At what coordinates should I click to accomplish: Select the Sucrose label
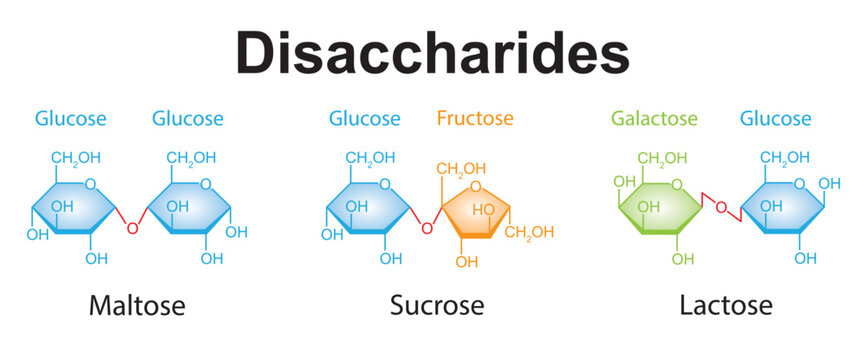pyautogui.click(x=437, y=304)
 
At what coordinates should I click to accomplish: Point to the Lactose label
pyautogui.click(x=726, y=304)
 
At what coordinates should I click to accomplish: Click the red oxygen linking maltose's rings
pyautogui.click(x=132, y=228)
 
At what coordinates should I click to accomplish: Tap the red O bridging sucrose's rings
pyautogui.click(x=426, y=228)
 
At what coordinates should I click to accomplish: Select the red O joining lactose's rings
pyautogui.click(x=719, y=208)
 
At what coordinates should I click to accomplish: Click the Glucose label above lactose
pyautogui.click(x=775, y=119)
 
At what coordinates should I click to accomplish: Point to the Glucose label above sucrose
pyautogui.click(x=364, y=119)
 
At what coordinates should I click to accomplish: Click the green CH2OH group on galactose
pyautogui.click(x=663, y=158)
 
